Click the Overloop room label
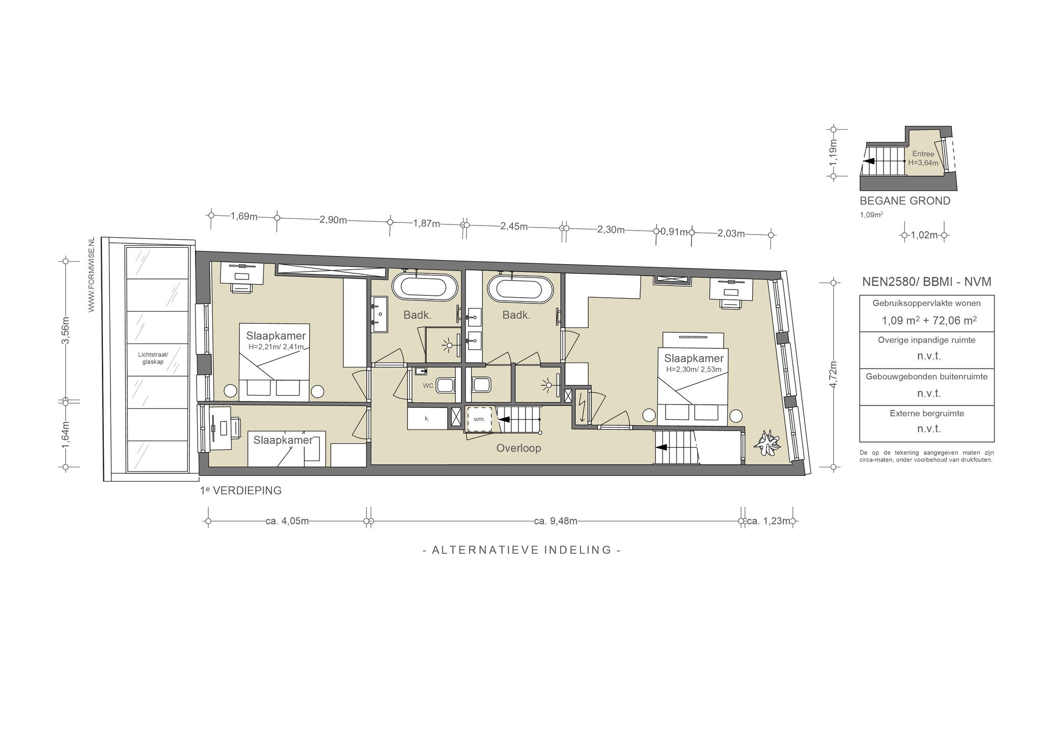click(518, 448)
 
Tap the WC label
click(428, 386)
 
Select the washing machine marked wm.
click(479, 419)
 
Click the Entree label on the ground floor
click(923, 154)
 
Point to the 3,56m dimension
click(66, 331)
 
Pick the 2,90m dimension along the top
click(333, 220)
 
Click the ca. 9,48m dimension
click(556, 521)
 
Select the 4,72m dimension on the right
click(833, 374)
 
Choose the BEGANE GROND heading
click(905, 201)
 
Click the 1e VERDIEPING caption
click(241, 491)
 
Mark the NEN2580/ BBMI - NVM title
click(926, 281)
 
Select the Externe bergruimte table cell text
click(927, 413)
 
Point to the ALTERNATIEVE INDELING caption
click(522, 550)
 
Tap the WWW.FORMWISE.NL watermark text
click(92, 274)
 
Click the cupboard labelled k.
click(427, 418)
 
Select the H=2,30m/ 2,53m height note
click(694, 370)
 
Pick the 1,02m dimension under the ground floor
click(924, 235)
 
